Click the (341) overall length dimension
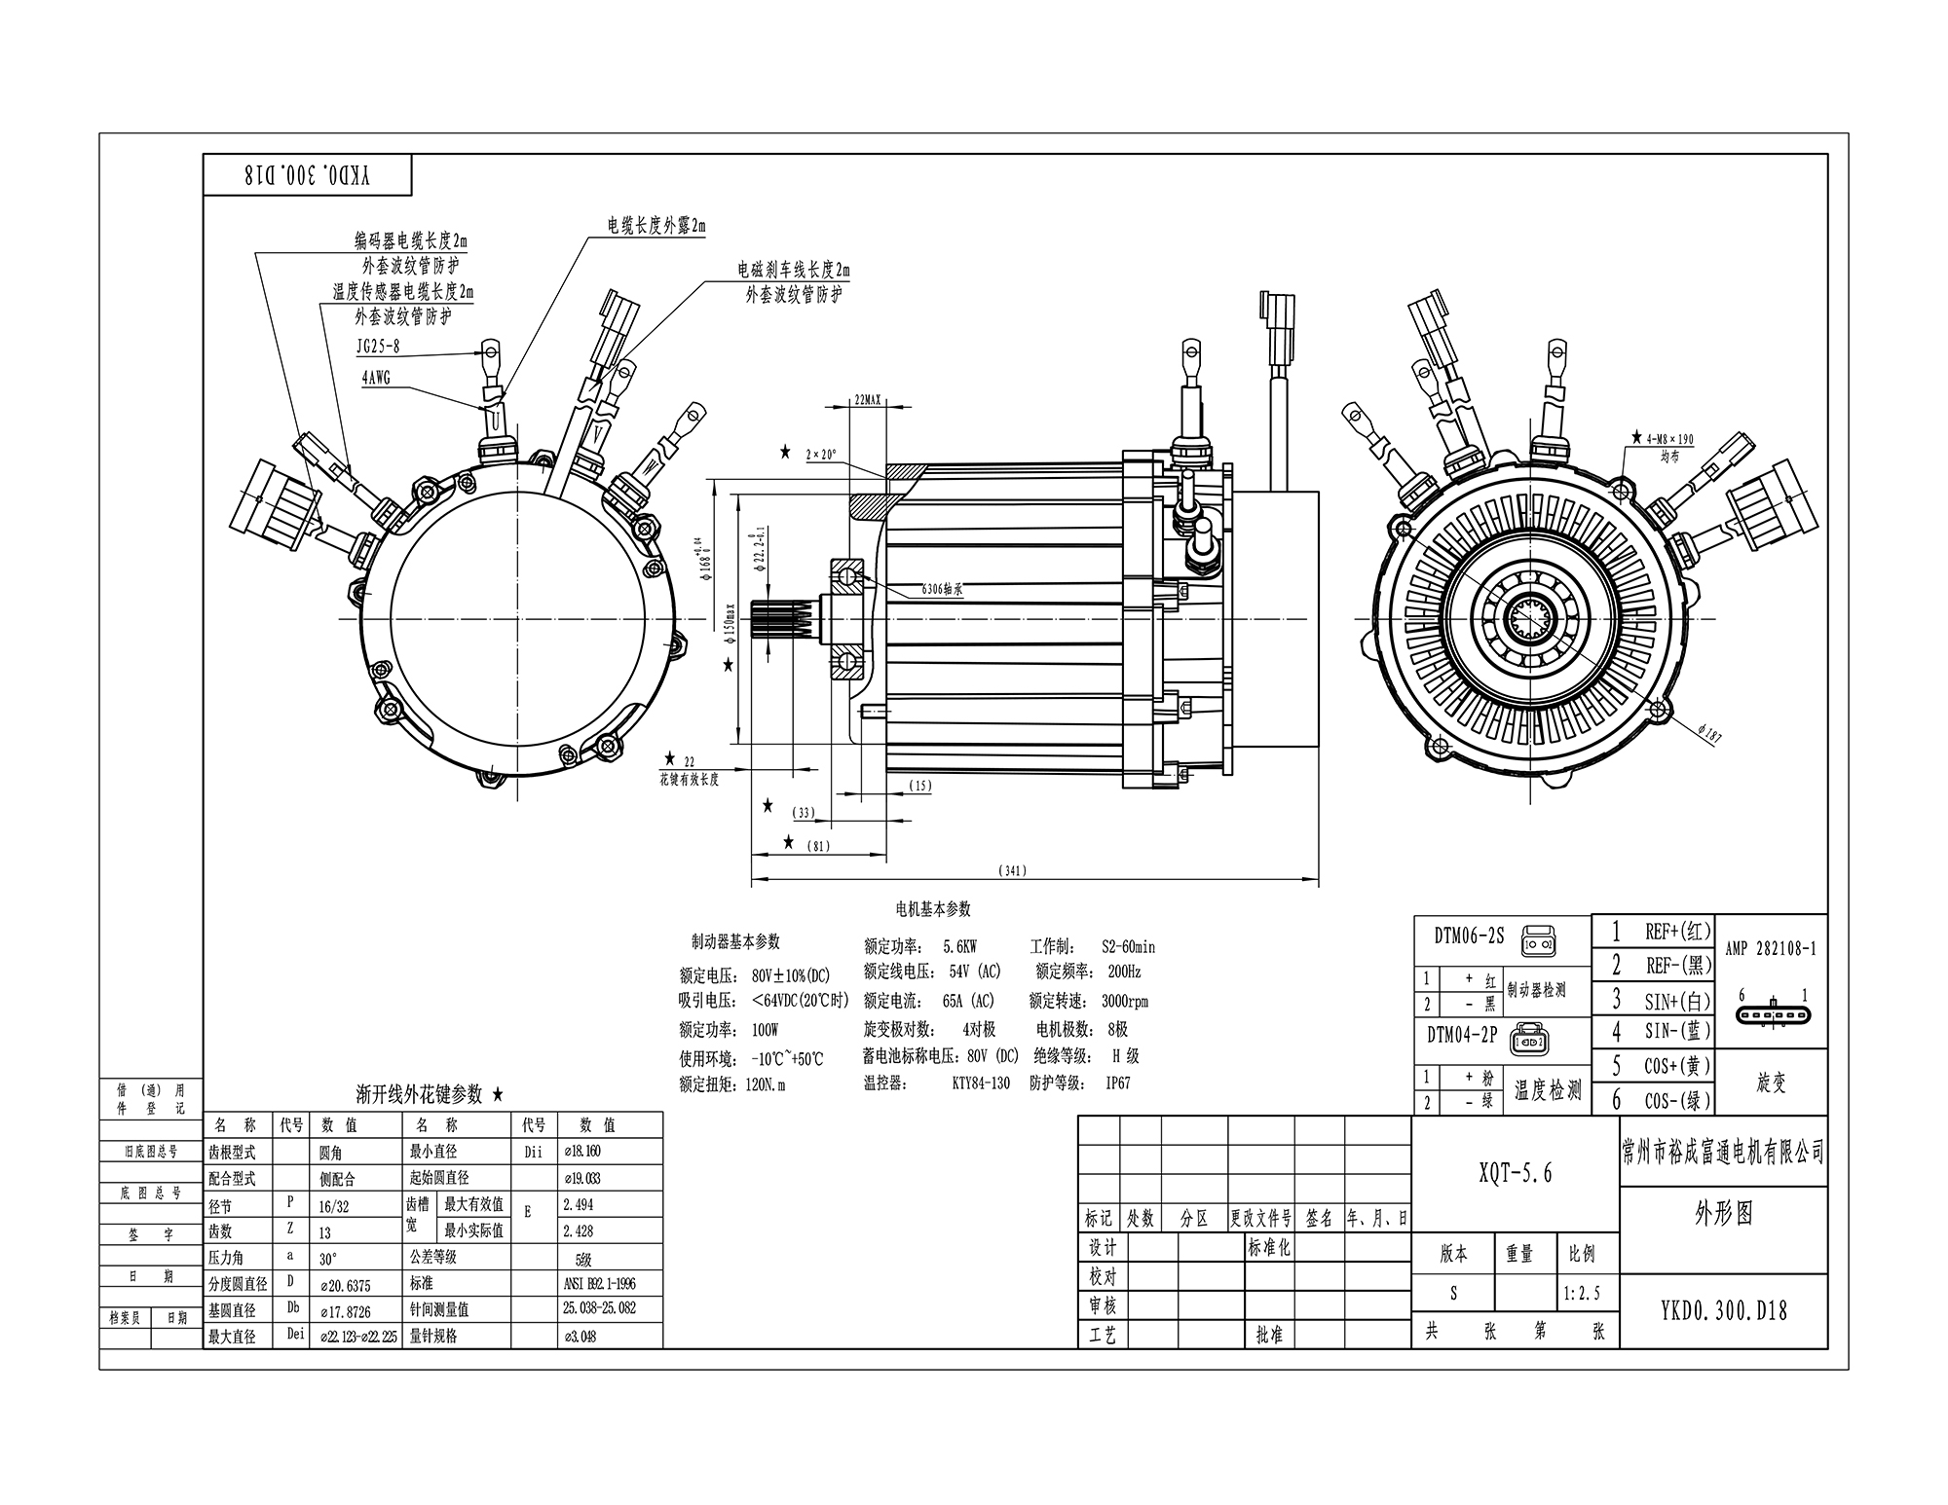1013,870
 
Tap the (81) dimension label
819,846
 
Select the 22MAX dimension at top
866,400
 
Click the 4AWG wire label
376,378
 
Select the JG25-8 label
378,346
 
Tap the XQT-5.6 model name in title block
1515,1173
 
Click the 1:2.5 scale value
1582,1294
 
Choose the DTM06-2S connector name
1469,936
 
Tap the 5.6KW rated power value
959,946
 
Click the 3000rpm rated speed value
1124,1001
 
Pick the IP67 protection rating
1117,1083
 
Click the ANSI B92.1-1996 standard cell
598,1283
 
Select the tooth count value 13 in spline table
325,1232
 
